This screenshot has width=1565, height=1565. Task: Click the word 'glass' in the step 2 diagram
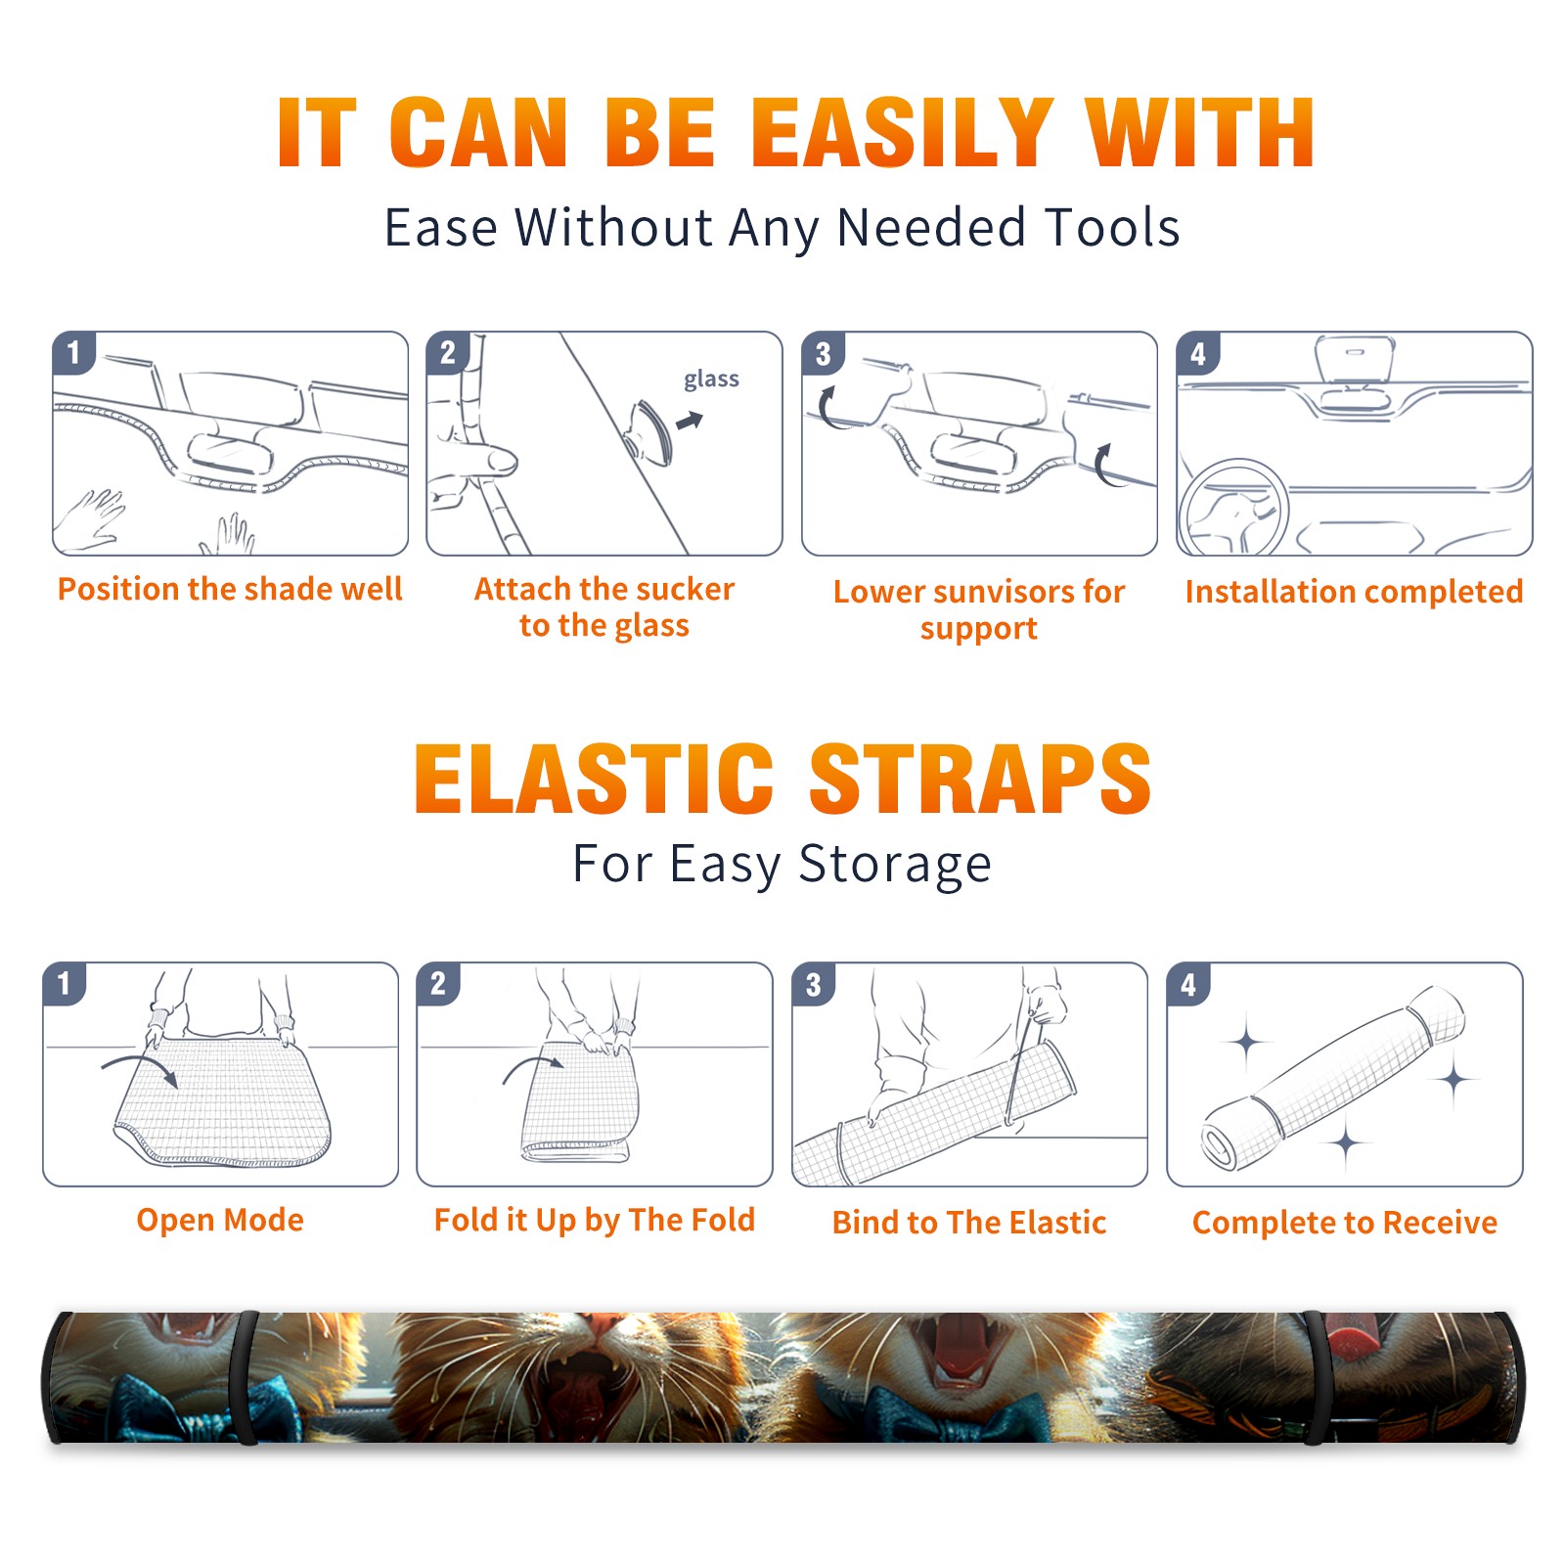[x=711, y=380]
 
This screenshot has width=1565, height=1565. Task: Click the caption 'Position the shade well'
[x=230, y=589]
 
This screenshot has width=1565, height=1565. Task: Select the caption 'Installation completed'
[x=1354, y=591]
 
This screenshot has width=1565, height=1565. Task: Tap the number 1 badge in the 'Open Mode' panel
[x=65, y=983]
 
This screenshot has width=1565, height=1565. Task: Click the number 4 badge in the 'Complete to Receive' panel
[x=1188, y=984]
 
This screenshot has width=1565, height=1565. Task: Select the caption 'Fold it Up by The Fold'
[x=595, y=1220]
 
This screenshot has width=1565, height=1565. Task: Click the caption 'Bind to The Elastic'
[x=969, y=1222]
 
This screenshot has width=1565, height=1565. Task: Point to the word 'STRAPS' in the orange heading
[x=980, y=779]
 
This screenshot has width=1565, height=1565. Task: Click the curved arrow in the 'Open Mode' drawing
[x=140, y=1069]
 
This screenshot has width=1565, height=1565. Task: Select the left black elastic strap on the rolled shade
[x=244, y=1378]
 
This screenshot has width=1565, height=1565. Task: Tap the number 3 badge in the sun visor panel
[x=823, y=353]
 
